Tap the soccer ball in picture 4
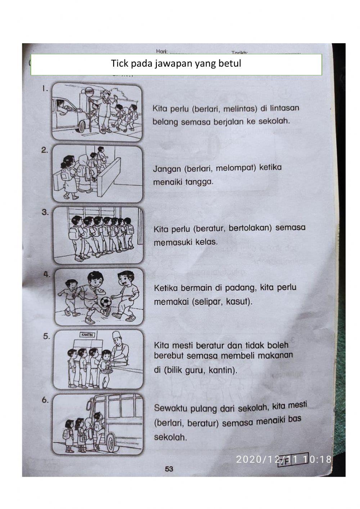coord(105,302)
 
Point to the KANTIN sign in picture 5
coord(86,335)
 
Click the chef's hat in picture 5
coord(116,336)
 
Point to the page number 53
coord(169,469)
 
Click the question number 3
coord(45,212)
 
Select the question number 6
coord(45,399)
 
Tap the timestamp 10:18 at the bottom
coord(317,459)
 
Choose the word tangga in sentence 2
coord(199,182)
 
